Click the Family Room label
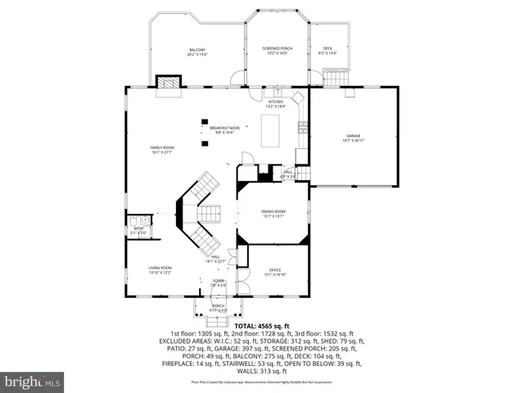[161, 150]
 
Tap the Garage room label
[353, 138]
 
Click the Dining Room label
[273, 213]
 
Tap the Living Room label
[160, 270]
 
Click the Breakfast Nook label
[224, 129]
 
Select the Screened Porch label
[278, 50]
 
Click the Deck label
[327, 51]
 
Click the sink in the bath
[144, 220]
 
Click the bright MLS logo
[33, 382]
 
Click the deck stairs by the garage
[337, 78]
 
